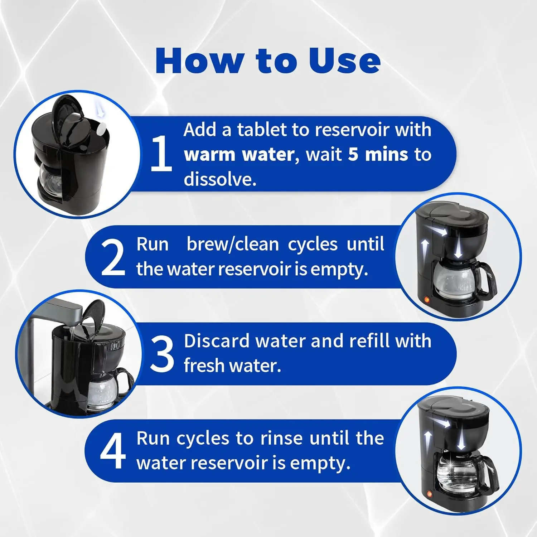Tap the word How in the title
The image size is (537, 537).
tap(200, 61)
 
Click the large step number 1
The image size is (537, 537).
tap(161, 153)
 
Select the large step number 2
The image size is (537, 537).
tap(113, 258)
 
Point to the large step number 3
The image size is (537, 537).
tap(162, 353)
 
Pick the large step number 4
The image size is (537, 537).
tap(113, 450)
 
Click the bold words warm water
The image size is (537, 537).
tap(239, 155)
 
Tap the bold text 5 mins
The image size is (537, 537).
tap(378, 154)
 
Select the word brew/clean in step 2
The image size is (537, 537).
tap(233, 245)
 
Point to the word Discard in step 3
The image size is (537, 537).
tap(216, 341)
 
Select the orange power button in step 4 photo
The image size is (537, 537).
tap(429, 494)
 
